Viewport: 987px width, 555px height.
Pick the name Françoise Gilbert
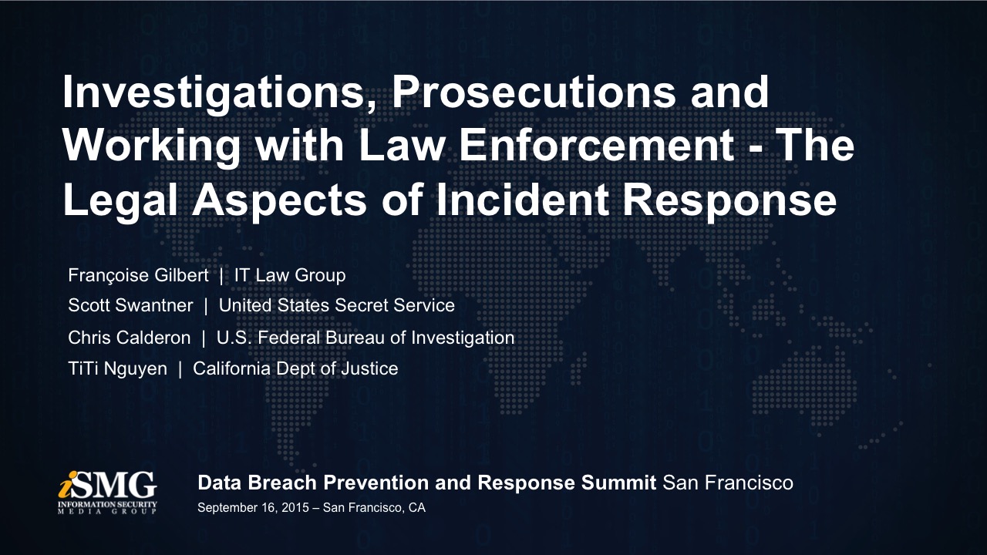138,276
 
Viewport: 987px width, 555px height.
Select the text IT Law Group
290,276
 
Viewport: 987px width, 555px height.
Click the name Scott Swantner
130,305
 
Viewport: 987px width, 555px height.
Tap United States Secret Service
337,305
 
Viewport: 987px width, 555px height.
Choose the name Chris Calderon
129,338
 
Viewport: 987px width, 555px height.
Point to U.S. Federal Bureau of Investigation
365,338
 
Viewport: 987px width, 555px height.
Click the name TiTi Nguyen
118,369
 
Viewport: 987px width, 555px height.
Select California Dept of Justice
295,369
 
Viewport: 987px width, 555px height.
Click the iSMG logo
107,492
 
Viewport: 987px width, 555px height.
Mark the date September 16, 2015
253,508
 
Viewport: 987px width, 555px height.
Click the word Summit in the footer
618,483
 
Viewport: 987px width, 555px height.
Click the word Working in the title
151,147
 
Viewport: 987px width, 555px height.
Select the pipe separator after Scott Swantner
206,306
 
